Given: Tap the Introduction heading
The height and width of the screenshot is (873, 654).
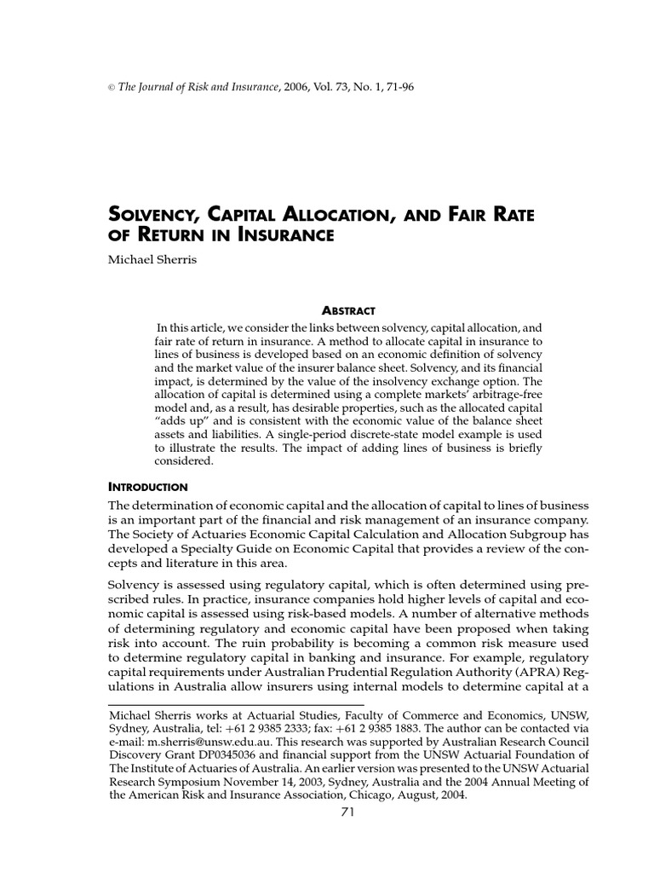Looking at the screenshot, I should [148, 487].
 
